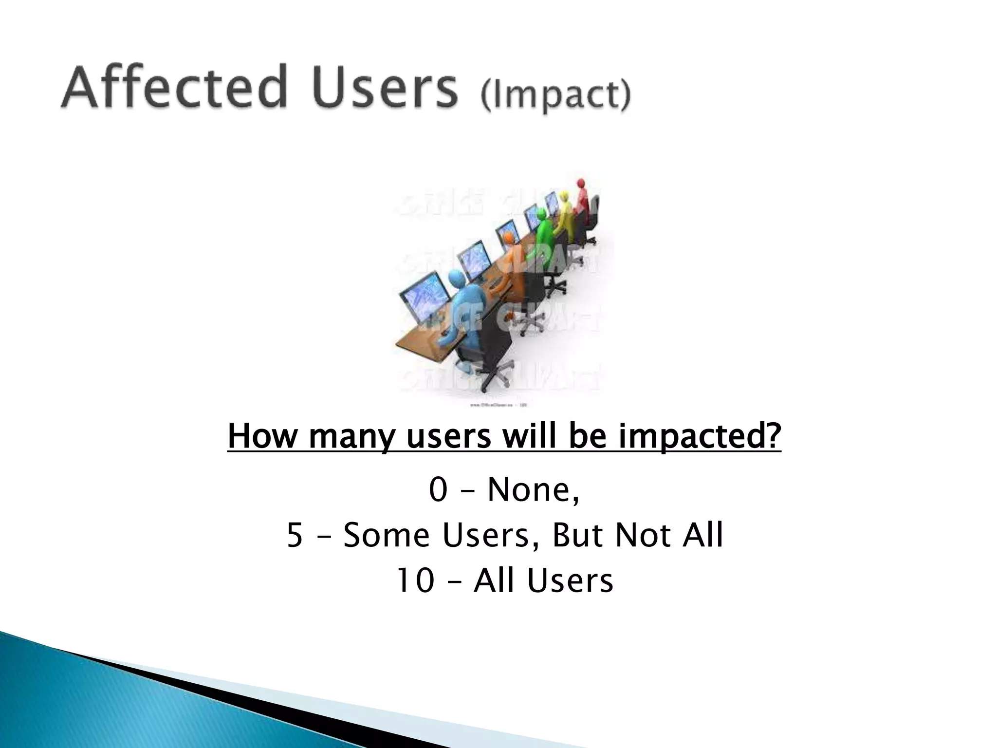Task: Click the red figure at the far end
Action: (582, 195)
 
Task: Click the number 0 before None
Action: (438, 490)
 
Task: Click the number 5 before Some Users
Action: (295, 535)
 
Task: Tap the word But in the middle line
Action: (578, 535)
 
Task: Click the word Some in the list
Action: (387, 535)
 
